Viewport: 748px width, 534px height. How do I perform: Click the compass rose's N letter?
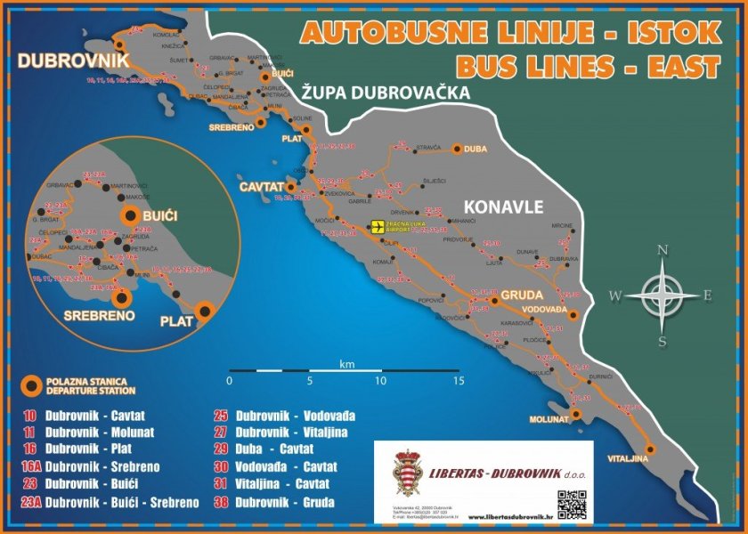click(x=663, y=250)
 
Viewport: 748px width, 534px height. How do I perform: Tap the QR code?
click(x=572, y=504)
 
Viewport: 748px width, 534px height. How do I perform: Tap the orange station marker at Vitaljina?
click(x=651, y=449)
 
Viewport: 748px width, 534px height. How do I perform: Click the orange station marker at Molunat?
click(x=577, y=414)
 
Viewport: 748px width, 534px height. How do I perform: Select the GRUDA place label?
click(x=521, y=294)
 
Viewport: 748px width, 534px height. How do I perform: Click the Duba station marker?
click(x=458, y=150)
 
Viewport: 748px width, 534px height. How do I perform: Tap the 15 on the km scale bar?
click(x=458, y=381)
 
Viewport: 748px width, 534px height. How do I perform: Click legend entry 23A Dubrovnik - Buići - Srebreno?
click(x=110, y=503)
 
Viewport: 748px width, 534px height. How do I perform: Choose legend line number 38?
click(x=224, y=502)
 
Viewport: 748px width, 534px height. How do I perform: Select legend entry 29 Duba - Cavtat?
click(x=273, y=449)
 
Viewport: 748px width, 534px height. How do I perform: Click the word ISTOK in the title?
click(x=672, y=33)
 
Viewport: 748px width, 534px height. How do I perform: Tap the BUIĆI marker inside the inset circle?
click(x=131, y=214)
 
